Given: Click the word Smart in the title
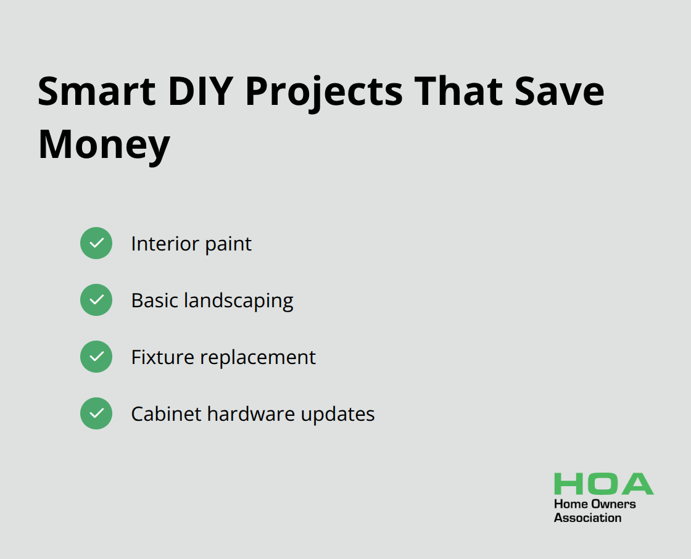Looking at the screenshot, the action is tap(96, 91).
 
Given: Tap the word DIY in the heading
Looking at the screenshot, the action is tap(201, 91).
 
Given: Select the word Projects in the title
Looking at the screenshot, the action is tap(324, 93).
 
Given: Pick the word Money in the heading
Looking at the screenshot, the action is tap(104, 146).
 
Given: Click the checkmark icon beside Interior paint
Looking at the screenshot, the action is tap(96, 243).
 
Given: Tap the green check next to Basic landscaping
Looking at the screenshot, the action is tap(96, 300).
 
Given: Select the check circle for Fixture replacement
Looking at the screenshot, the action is tap(96, 357).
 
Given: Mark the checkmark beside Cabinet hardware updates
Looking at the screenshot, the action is tap(96, 413).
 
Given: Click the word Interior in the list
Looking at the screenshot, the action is tap(165, 244).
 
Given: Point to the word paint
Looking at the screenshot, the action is tap(228, 245).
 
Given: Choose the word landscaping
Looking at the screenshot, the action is tap(238, 302).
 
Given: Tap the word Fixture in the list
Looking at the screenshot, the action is tap(163, 357).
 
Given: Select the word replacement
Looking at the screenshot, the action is tap(258, 358).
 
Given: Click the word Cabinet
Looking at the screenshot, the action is tap(166, 414).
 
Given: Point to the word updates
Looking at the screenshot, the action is tap(337, 415).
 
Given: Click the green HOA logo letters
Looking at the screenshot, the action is tap(604, 484).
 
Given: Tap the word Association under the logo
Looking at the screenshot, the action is tap(587, 518).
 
